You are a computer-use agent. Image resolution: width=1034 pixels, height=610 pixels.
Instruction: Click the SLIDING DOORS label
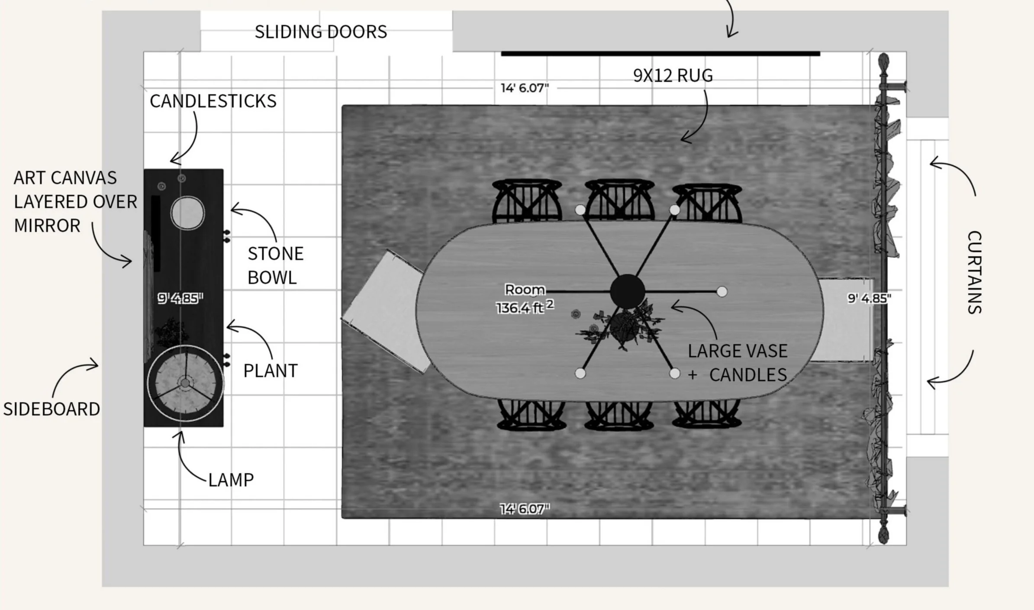pyautogui.click(x=321, y=32)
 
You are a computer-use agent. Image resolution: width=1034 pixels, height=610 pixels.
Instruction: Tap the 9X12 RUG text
pyautogui.click(x=673, y=76)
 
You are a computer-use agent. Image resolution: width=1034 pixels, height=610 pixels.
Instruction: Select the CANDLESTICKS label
pyautogui.click(x=213, y=101)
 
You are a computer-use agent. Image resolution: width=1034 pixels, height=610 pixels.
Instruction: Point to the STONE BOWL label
pyautogui.click(x=275, y=265)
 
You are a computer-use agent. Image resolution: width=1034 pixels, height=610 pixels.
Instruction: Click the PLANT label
pyautogui.click(x=271, y=371)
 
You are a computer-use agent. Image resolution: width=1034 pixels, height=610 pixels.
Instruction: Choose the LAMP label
pyautogui.click(x=231, y=480)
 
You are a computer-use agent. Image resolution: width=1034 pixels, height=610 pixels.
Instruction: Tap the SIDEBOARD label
pyautogui.click(x=52, y=409)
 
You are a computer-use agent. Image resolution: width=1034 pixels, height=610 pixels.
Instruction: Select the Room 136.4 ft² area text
pyautogui.click(x=525, y=299)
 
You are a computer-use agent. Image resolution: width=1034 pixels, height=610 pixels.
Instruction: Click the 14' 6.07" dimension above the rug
pyautogui.click(x=525, y=88)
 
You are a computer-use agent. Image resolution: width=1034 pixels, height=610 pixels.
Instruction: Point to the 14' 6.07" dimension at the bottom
pyautogui.click(x=525, y=509)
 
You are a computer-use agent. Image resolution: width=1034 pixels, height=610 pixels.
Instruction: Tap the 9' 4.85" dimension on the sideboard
pyautogui.click(x=180, y=298)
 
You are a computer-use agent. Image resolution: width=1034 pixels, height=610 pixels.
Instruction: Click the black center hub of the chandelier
pyautogui.click(x=627, y=291)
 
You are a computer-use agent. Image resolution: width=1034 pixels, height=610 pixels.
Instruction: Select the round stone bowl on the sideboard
pyautogui.click(x=187, y=213)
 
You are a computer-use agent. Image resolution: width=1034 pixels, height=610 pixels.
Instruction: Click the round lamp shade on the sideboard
pyautogui.click(x=185, y=383)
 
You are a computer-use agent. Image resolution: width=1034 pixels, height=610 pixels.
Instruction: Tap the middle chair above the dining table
pyautogui.click(x=619, y=200)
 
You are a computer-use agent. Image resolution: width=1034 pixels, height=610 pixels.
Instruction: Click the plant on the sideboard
pyautogui.click(x=172, y=332)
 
